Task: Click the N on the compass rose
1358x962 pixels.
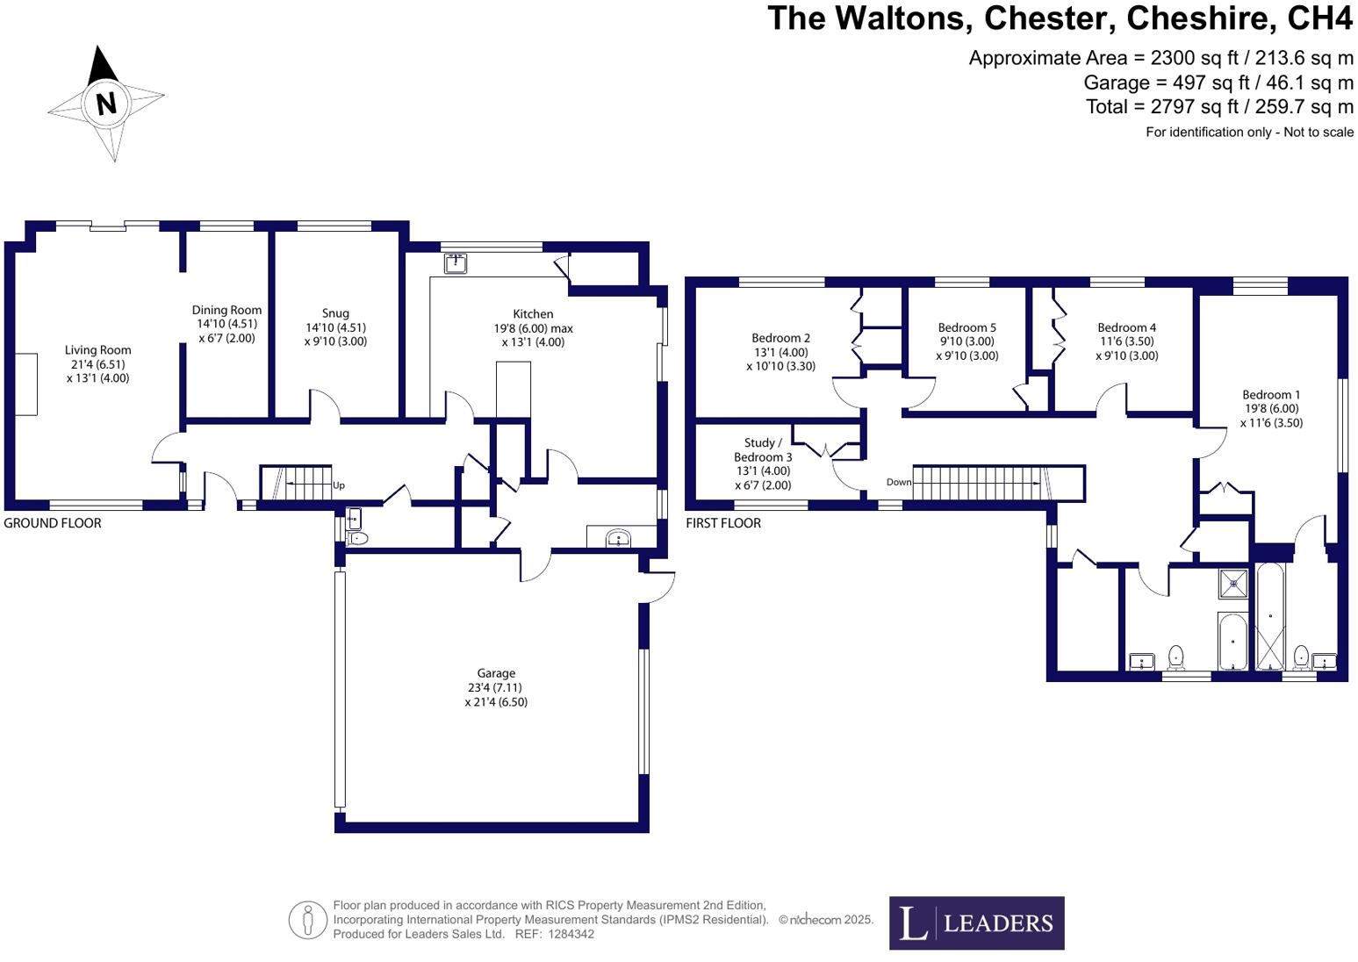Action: point(106,104)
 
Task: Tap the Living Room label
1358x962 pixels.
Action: point(97,350)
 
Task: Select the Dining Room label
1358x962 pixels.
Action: point(226,310)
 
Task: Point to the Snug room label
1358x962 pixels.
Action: point(335,313)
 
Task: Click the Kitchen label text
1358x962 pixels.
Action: point(533,314)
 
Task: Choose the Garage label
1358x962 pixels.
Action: point(496,673)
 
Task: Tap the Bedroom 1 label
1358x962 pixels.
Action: point(1271,395)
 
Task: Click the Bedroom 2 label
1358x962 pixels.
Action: point(780,338)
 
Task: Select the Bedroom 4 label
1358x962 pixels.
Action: point(1126,327)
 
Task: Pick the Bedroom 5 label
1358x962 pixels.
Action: point(966,327)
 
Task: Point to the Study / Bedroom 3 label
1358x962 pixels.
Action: point(763,450)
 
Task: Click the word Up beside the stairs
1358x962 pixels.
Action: point(339,485)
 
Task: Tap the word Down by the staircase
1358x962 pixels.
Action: point(899,482)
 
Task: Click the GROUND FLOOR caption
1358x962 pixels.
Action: point(53,523)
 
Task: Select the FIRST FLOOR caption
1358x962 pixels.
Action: point(723,523)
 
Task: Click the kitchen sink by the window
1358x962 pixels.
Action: point(455,262)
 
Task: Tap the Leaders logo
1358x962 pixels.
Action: point(976,923)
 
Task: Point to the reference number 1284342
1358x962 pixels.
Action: point(571,934)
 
